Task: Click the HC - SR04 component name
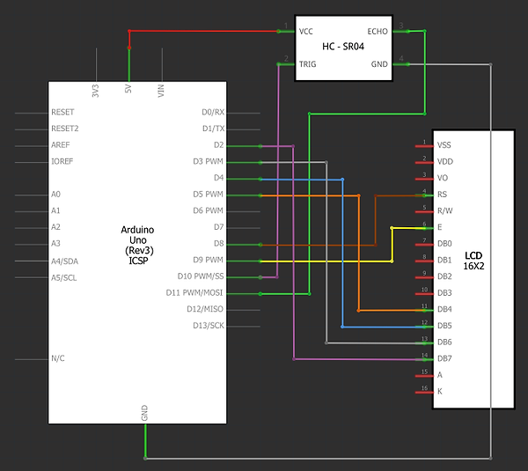(342, 47)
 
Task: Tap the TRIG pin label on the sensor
(307, 63)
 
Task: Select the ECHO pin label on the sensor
(377, 31)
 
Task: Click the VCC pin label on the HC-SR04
(306, 31)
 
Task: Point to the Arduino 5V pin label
(128, 89)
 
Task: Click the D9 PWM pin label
(208, 261)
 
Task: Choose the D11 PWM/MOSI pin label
(195, 293)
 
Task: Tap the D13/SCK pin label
(209, 326)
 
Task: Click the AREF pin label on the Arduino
(61, 145)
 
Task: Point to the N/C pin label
(59, 358)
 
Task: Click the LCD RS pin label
(443, 194)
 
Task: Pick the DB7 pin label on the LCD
(444, 357)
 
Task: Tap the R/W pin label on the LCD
(444, 210)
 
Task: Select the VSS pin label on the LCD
(444, 144)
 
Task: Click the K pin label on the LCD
(440, 390)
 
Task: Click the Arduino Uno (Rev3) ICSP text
(137, 244)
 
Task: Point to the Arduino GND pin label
(145, 412)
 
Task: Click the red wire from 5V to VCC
(202, 31)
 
